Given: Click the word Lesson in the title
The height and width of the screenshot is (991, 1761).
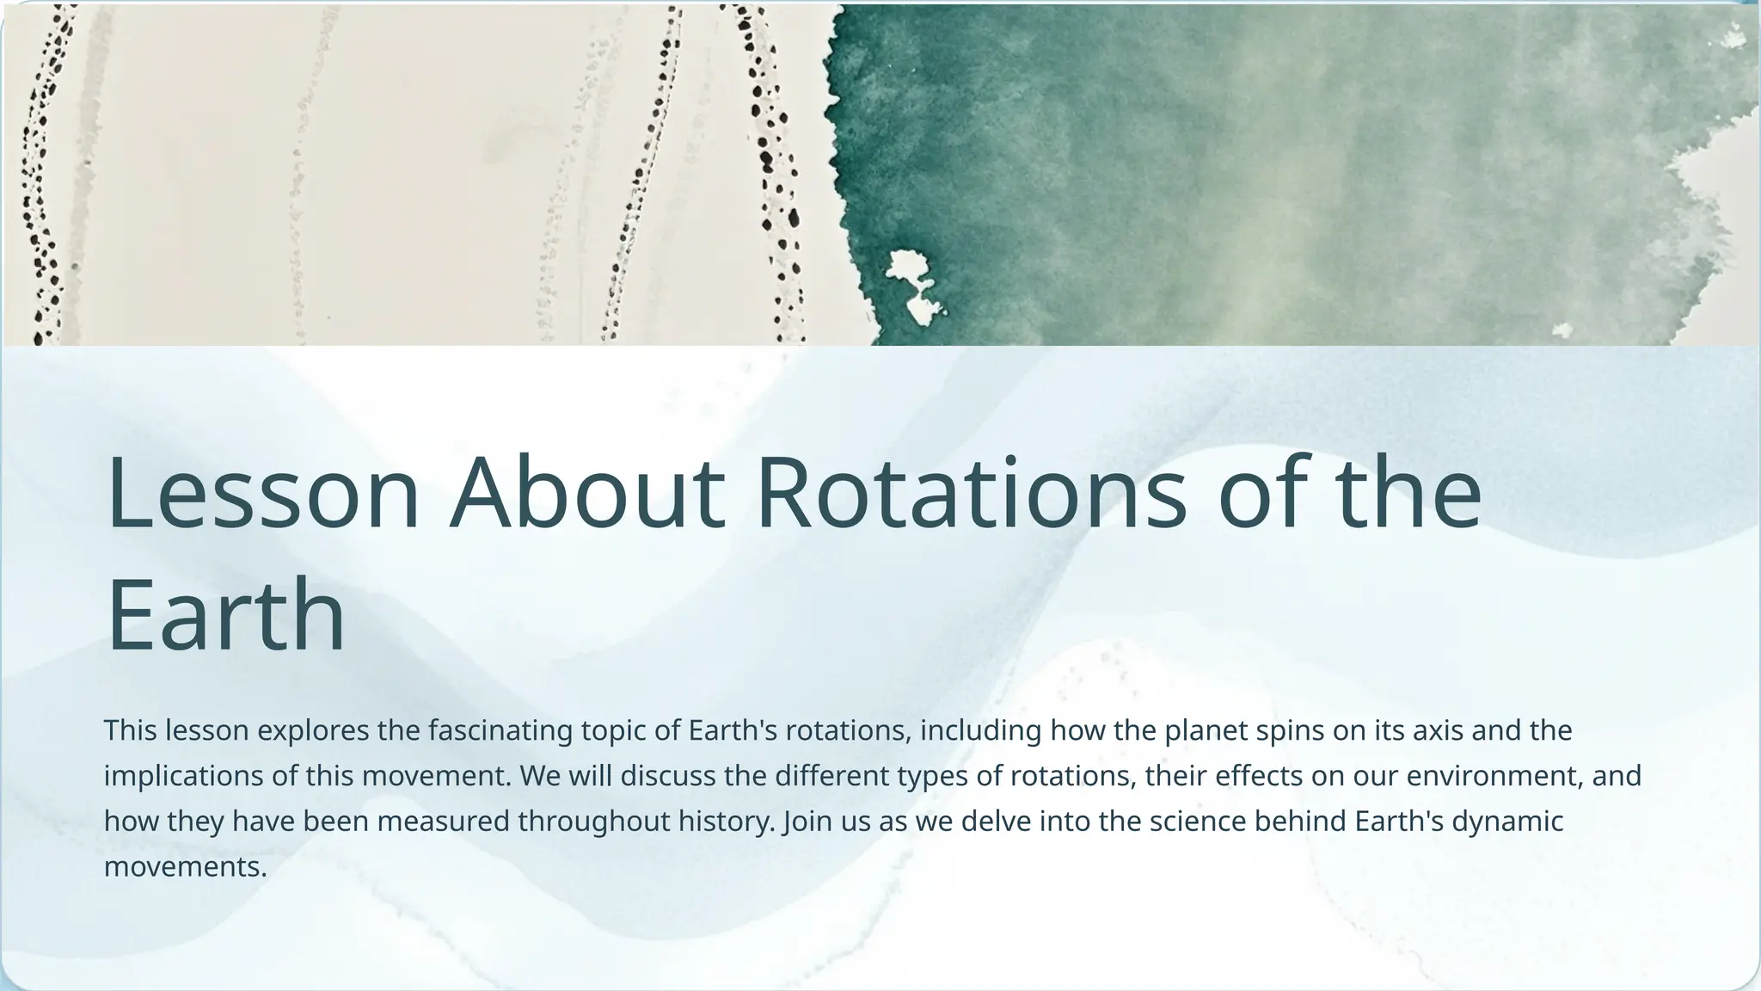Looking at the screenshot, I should (262, 494).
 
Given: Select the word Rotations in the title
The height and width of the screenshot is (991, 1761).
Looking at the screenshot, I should (971, 494).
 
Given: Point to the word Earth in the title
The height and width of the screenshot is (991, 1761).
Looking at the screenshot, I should (225, 616).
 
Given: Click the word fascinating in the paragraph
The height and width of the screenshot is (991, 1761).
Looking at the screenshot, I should (500, 730).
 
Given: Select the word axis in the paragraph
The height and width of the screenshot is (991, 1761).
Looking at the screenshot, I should (1439, 730).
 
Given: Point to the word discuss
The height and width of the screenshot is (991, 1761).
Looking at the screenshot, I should (668, 776).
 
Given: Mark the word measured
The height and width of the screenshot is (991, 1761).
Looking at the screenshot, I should (443, 822).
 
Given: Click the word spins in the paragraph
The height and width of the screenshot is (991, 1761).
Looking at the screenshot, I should (1290, 730).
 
